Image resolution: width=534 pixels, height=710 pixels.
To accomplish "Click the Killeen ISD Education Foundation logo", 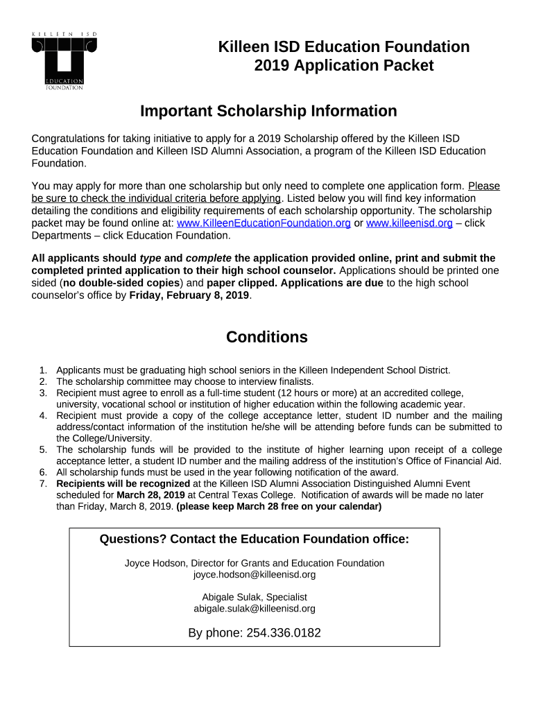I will (x=64, y=61).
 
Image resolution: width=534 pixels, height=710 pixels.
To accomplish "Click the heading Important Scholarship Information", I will (x=268, y=111).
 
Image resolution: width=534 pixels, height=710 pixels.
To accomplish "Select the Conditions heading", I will (x=267, y=337).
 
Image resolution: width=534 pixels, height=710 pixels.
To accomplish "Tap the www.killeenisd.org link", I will (x=409, y=223).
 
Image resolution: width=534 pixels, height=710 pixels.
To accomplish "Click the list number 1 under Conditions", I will (x=43, y=370).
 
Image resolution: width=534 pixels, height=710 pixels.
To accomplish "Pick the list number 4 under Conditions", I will (x=43, y=415).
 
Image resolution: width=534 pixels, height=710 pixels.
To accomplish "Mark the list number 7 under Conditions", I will (x=43, y=484).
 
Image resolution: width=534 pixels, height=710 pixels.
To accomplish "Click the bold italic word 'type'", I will (x=150, y=259).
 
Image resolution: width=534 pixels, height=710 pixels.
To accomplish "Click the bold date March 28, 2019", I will (x=150, y=495).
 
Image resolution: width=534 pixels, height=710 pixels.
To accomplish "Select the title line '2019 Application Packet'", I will (x=344, y=66).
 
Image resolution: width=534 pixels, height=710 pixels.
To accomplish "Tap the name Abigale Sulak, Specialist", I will (x=255, y=597).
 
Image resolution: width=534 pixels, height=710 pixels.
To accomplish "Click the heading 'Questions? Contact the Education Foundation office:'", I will (x=255, y=539).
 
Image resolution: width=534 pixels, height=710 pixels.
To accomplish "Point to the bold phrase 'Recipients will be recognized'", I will (x=123, y=484).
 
